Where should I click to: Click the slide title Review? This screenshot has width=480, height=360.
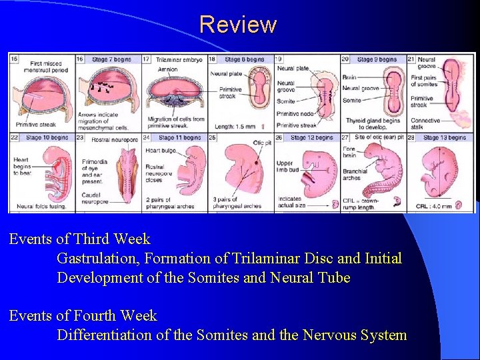(x=237, y=25)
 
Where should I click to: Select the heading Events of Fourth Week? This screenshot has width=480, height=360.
(x=83, y=315)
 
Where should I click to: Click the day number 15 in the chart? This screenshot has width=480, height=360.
(x=14, y=59)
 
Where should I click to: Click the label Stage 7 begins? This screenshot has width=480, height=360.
(x=110, y=59)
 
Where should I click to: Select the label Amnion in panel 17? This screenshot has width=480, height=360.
(x=167, y=69)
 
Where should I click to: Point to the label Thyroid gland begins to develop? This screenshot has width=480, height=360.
(x=373, y=125)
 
